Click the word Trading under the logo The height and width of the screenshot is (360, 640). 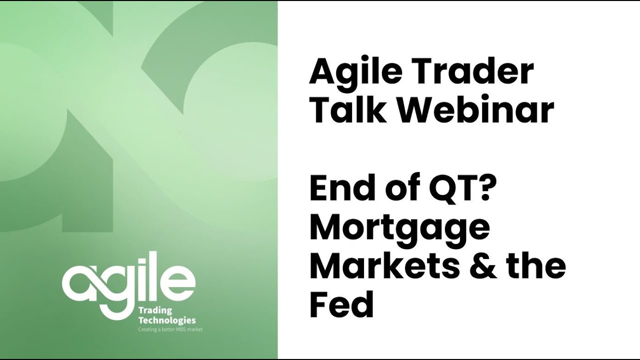point(154,311)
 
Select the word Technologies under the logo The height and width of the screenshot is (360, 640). point(166,320)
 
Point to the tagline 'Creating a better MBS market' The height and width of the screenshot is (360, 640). point(170,329)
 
